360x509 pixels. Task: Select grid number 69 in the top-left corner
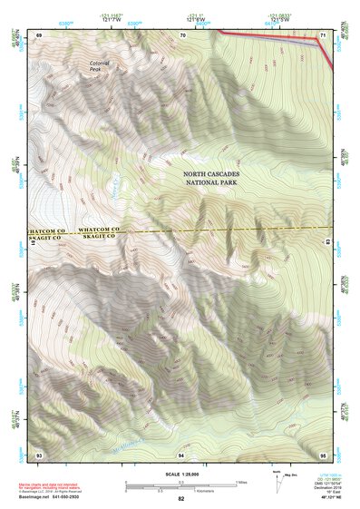click(39, 34)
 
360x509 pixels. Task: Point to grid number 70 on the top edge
click(183, 34)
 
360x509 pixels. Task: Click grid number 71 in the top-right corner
click(323, 34)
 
